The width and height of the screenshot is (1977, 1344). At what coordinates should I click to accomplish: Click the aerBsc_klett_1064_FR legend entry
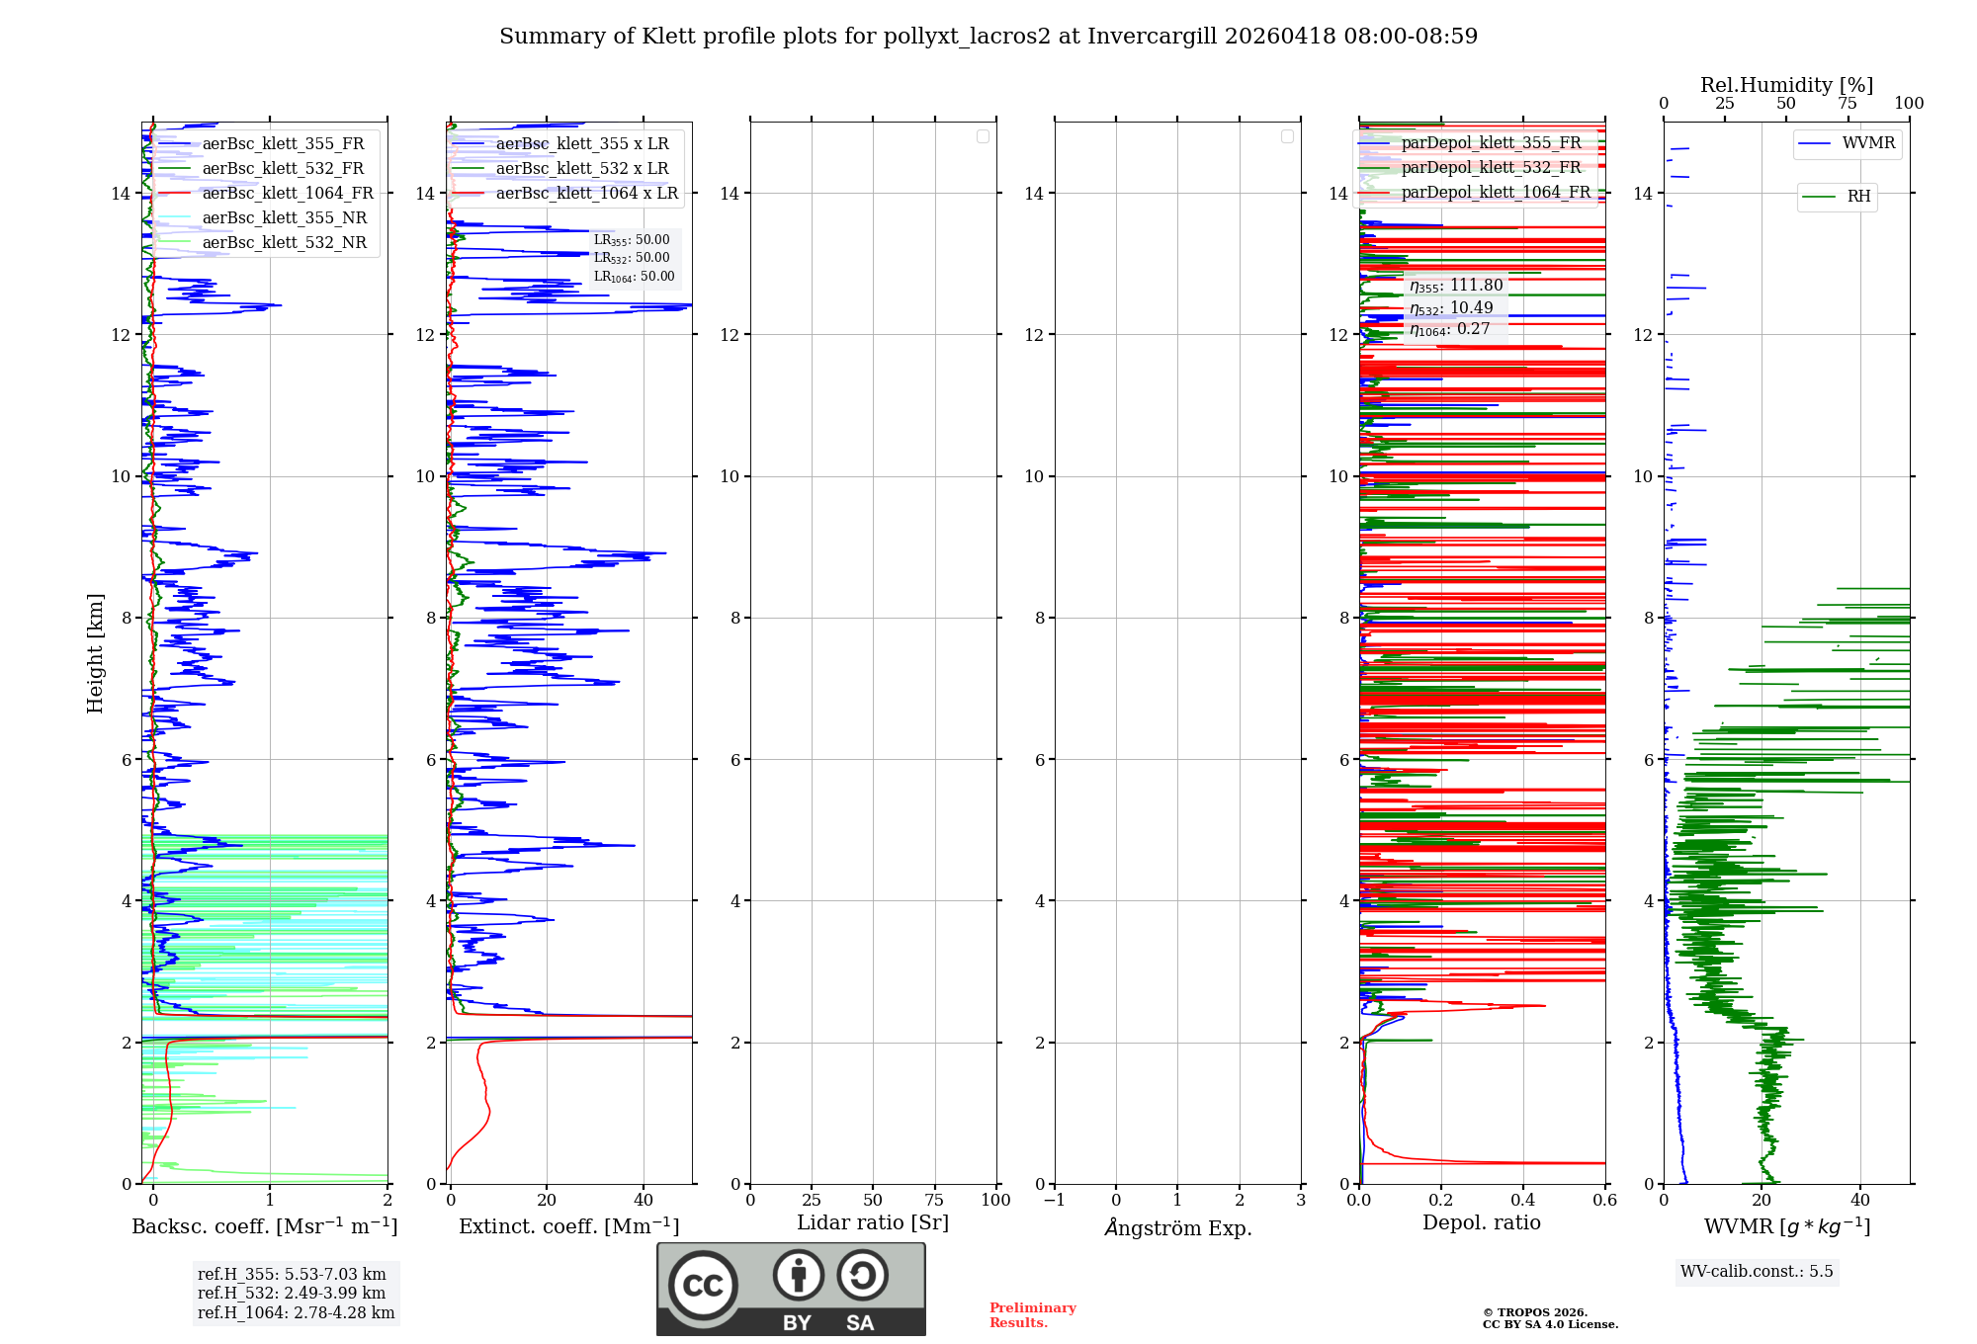pos(287,194)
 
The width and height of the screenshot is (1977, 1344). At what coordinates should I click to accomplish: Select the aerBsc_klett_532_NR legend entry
pos(284,243)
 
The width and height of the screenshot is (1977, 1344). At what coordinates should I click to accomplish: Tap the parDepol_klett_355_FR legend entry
pos(1490,143)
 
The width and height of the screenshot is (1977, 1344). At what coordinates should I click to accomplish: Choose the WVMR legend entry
pos(1867,143)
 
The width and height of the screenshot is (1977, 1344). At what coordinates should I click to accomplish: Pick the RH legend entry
pos(1857,197)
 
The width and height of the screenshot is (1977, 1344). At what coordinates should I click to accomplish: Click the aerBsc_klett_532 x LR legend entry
pos(581,169)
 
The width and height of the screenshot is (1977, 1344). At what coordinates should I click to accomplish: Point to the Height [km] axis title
pos(95,653)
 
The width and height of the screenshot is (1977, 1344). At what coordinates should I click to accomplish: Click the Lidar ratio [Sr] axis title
pos(873,1223)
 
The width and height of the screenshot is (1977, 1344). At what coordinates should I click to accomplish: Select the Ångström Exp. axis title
pos(1177,1228)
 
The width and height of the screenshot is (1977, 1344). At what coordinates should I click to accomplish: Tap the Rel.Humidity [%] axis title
pos(1786,85)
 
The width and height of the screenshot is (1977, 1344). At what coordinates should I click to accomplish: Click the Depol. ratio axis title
pos(1481,1223)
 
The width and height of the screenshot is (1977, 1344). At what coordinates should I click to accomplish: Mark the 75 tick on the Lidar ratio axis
pos(934,1201)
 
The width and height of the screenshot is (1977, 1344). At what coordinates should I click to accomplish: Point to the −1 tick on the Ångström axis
pos(1055,1201)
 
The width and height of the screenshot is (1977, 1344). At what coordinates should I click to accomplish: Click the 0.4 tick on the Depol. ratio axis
pos(1523,1201)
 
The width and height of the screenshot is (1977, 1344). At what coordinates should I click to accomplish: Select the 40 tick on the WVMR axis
pos(1860,1201)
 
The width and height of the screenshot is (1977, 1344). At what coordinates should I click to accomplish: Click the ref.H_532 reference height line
pos(292,1294)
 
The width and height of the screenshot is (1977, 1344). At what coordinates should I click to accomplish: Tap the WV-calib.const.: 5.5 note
pos(1757,1272)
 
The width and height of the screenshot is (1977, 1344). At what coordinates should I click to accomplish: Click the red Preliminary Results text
pos(1032,1315)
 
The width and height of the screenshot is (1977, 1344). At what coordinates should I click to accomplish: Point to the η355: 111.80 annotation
pos(1456,287)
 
